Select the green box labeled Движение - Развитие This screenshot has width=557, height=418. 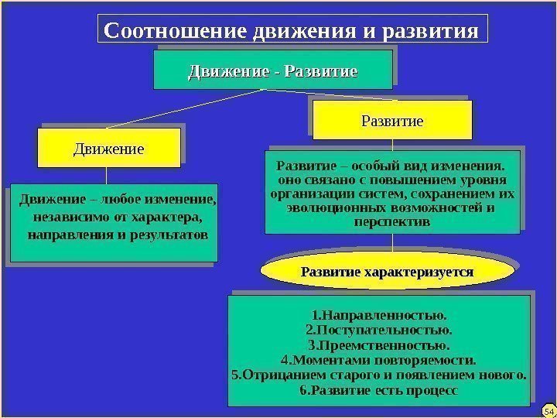273,72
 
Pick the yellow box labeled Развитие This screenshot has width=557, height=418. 392,122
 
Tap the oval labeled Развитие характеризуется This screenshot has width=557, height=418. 387,272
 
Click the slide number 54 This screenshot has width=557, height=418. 549,409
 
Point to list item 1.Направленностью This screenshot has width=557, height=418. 379,317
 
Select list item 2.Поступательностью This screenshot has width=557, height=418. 379,331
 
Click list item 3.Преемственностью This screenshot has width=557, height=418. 379,346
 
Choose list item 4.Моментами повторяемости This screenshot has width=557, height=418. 379,361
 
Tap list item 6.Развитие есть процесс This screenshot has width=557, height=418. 379,390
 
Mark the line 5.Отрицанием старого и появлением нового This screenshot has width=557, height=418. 379,375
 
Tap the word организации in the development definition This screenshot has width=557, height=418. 306,194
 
